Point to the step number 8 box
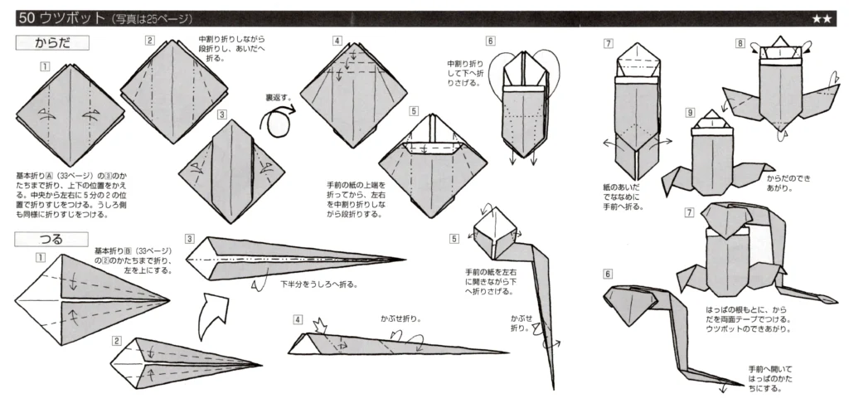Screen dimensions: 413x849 click(x=739, y=43)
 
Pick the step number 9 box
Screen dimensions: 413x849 click(x=690, y=112)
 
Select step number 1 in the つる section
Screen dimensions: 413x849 click(x=39, y=257)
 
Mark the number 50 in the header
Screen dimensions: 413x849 click(x=25, y=18)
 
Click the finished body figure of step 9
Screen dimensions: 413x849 click(x=713, y=158)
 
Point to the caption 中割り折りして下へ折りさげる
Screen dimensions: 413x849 click(x=464, y=72)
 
